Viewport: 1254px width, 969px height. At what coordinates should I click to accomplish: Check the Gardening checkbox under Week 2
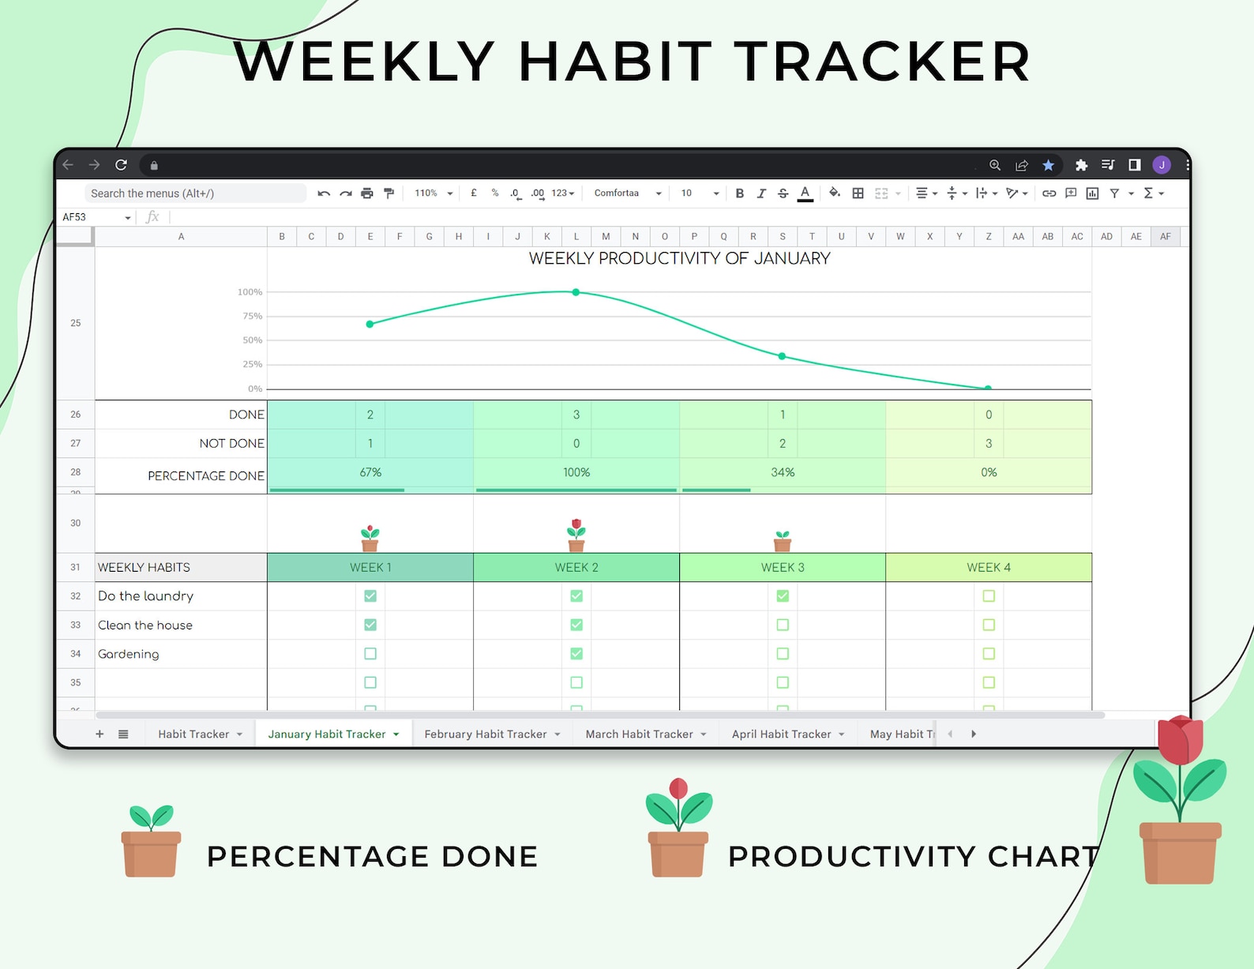[576, 654]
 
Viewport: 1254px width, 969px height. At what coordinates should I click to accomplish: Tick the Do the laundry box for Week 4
[989, 596]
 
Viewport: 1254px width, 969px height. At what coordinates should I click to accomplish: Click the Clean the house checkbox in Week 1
[370, 625]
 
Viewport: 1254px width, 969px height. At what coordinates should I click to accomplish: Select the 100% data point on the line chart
[576, 292]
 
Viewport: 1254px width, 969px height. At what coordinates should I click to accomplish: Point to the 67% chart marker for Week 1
[370, 324]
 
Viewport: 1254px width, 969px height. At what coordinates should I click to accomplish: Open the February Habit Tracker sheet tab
[486, 734]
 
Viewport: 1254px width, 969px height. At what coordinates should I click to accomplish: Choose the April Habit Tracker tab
[781, 734]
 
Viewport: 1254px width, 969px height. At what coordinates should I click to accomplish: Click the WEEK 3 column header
[783, 567]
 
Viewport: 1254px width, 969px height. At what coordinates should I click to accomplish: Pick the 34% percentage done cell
[783, 472]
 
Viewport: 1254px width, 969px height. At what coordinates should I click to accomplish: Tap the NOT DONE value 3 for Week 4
[989, 444]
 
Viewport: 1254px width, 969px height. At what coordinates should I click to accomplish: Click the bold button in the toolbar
[740, 193]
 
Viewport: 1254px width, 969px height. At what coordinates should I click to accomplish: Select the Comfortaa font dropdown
[627, 193]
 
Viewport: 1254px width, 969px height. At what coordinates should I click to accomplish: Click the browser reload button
[121, 165]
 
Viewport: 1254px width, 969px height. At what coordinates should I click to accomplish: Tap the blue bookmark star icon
[1048, 165]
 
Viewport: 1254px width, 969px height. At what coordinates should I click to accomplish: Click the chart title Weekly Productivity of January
[679, 259]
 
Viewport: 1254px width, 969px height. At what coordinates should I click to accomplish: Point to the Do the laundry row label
[146, 596]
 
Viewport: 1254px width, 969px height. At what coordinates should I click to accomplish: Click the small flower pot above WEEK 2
[576, 535]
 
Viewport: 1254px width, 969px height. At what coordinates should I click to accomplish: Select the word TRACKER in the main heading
[883, 61]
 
